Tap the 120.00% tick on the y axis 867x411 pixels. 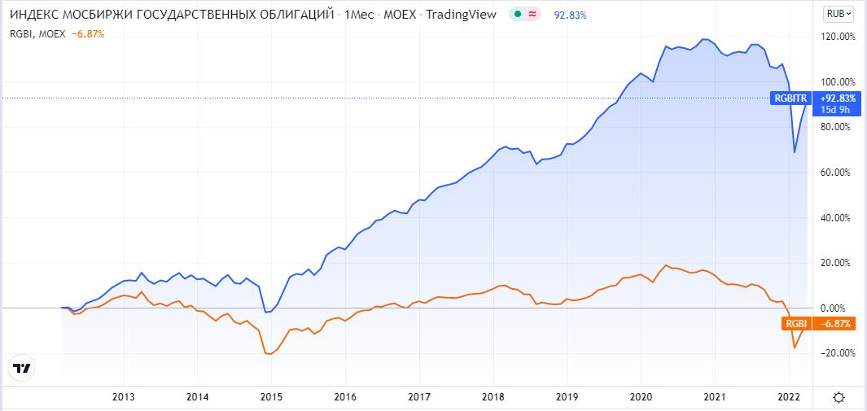(839, 37)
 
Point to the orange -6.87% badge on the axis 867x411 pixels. (834, 324)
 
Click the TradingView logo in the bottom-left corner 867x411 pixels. (23, 368)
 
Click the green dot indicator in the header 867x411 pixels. (518, 15)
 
